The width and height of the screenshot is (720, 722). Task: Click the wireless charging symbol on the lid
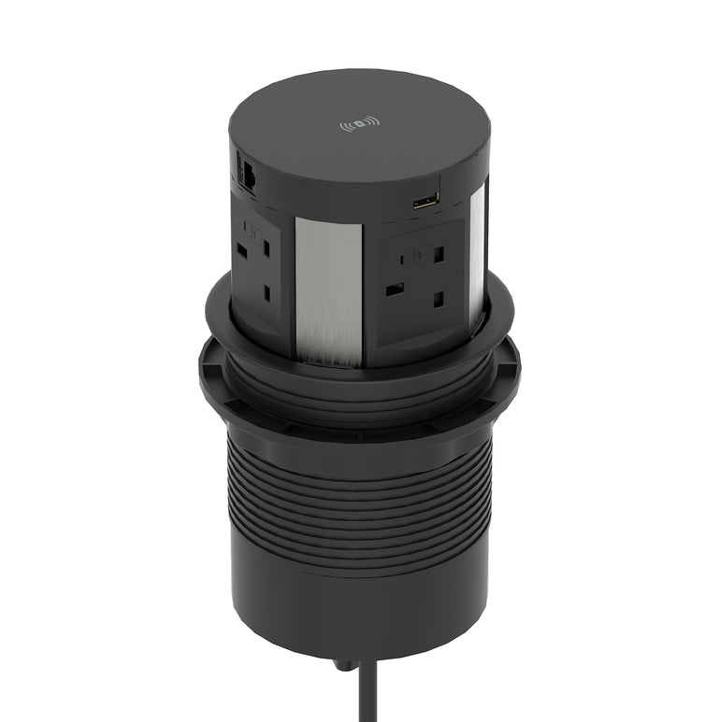(x=359, y=123)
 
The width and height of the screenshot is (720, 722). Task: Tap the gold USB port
(x=425, y=200)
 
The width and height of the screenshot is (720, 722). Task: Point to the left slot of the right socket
(x=395, y=290)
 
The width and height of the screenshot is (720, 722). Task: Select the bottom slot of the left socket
(x=267, y=292)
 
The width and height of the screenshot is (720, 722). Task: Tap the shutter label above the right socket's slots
(x=417, y=249)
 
